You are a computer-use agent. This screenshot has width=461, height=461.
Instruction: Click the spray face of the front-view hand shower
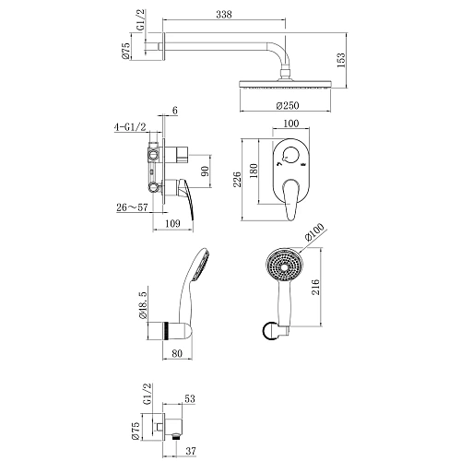284,266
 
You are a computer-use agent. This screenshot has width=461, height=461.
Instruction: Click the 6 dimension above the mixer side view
173,112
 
